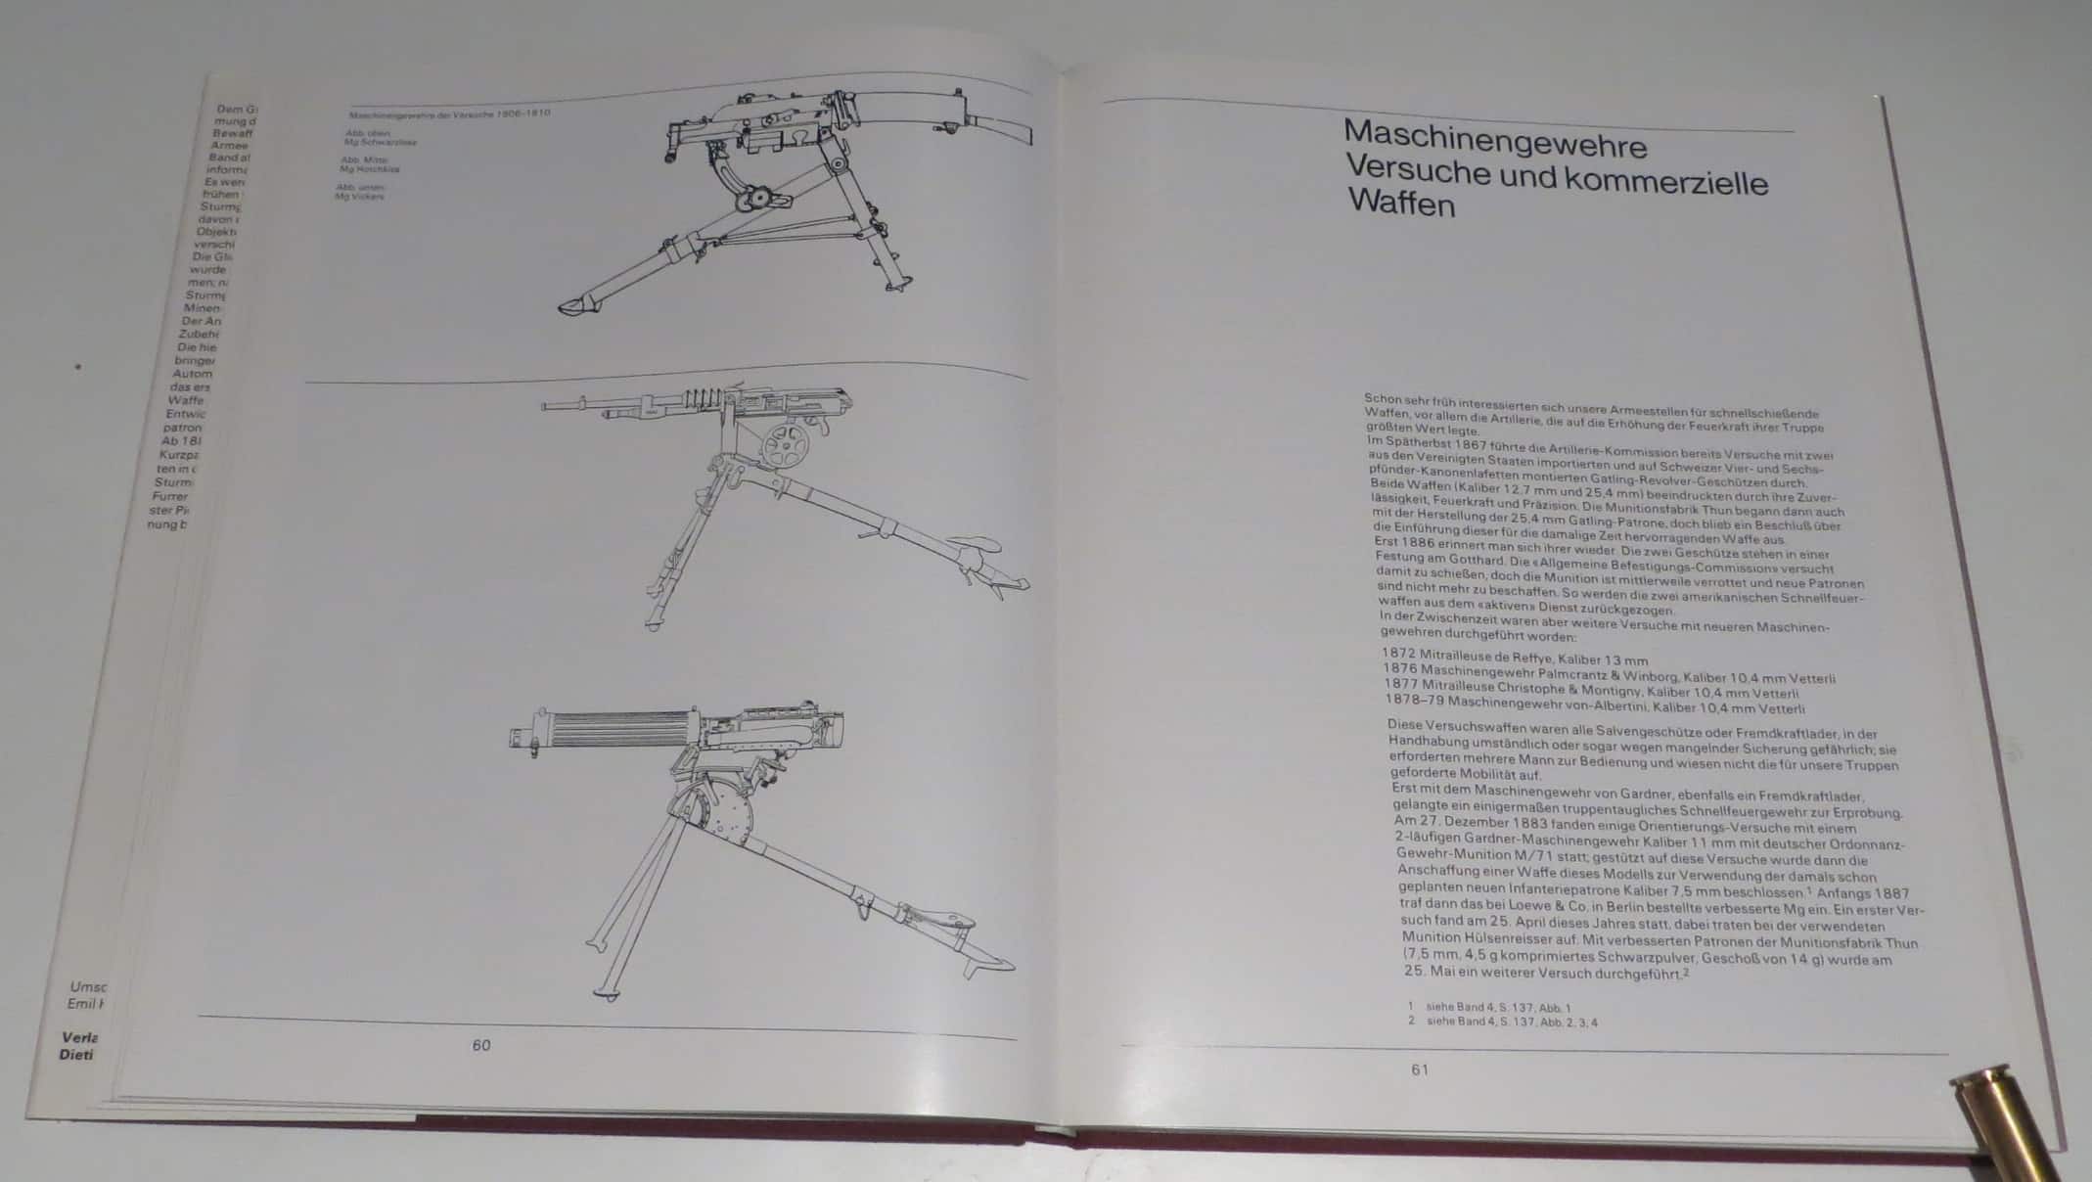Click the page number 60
480,1045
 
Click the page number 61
1420,1069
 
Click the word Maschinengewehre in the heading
1495,141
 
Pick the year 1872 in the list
1399,652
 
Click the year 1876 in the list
1401,667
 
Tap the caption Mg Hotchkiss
369,169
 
